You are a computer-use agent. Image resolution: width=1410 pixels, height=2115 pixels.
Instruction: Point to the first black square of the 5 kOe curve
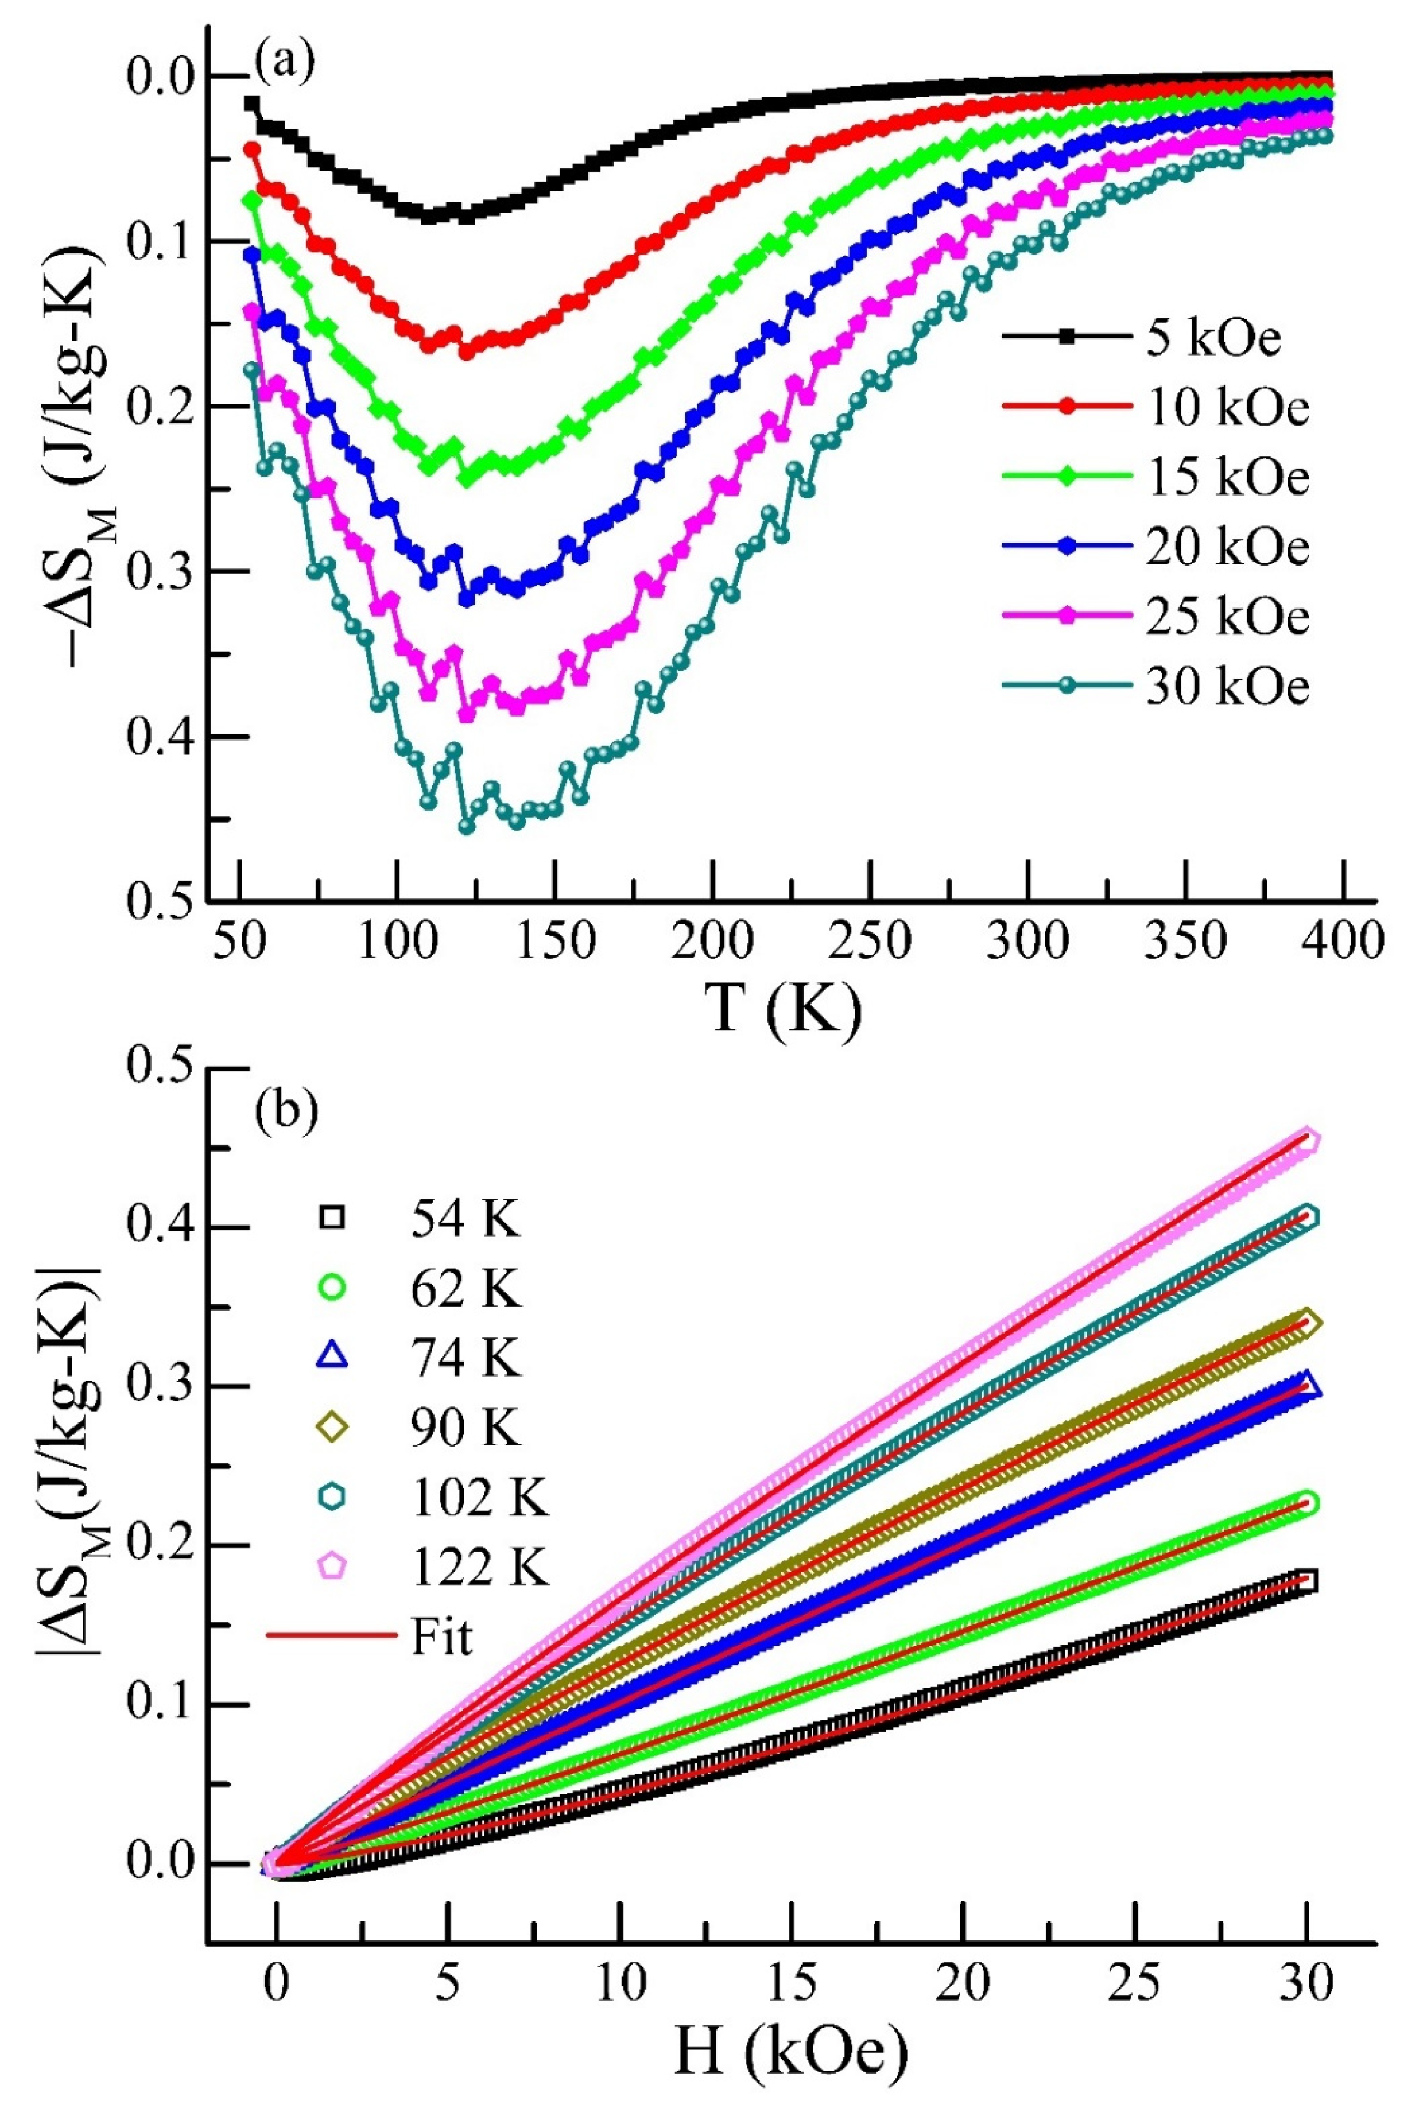click(252, 103)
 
